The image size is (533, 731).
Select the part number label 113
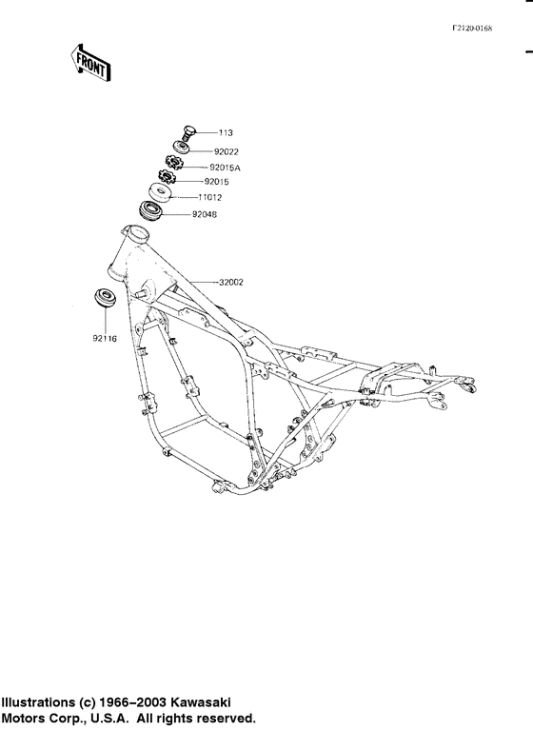pos(226,133)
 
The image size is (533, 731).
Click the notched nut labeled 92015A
pos(175,164)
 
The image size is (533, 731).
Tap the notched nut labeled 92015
pos(168,178)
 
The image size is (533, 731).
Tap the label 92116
pos(105,338)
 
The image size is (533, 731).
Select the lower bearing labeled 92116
pos(104,297)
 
